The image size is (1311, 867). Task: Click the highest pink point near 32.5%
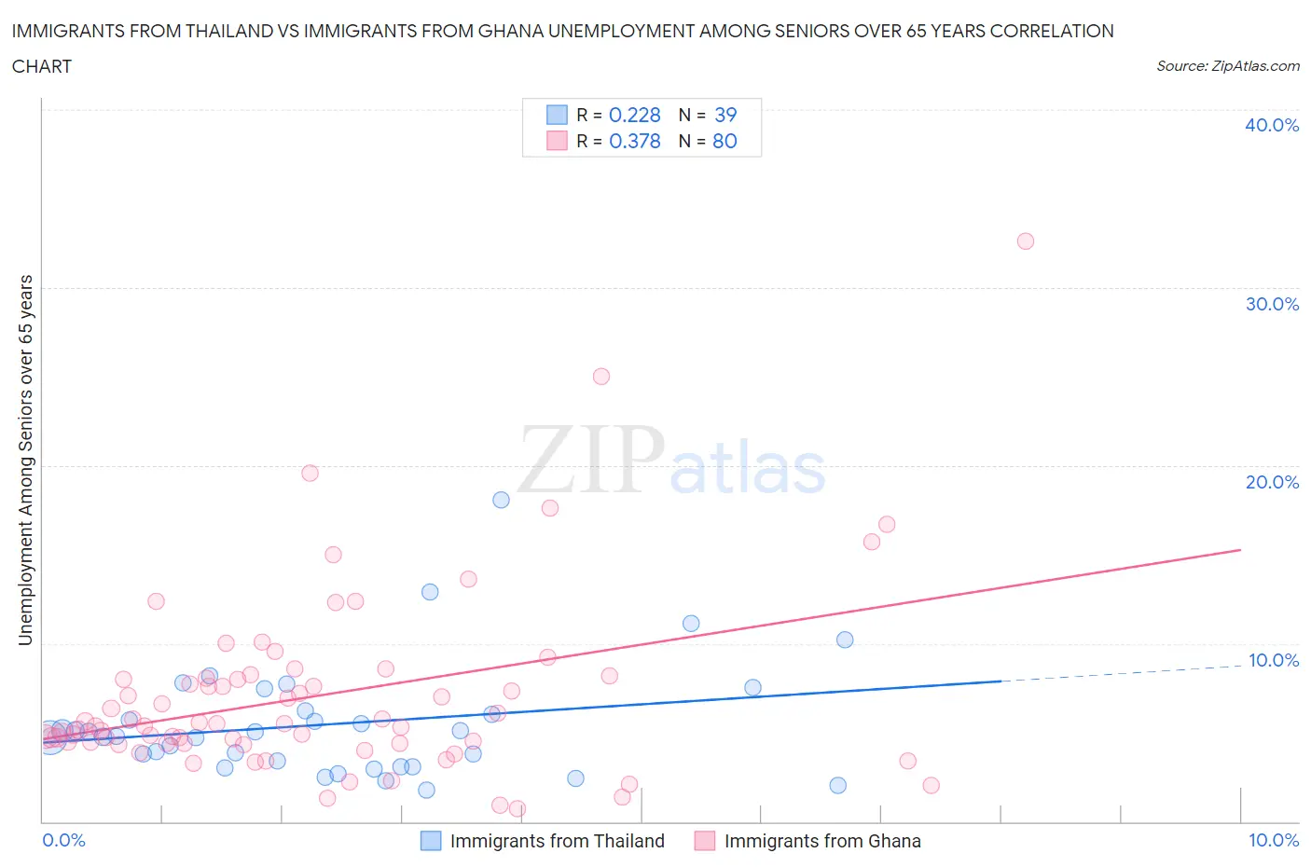[x=1025, y=241]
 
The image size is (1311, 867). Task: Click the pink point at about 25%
[x=601, y=377]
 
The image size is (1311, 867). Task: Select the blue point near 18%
[x=501, y=500]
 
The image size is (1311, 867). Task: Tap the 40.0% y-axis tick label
[x=1272, y=125]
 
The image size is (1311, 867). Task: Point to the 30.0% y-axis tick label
[x=1272, y=304]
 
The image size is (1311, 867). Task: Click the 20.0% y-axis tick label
[x=1272, y=482]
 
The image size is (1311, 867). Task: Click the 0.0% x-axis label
[x=63, y=840]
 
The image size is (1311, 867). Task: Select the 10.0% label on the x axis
[x=1274, y=840]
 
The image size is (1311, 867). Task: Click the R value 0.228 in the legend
[x=634, y=115]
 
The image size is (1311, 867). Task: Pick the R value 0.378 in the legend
[x=634, y=141]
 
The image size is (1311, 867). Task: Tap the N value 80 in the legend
[x=724, y=141]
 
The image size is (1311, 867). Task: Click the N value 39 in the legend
[x=724, y=115]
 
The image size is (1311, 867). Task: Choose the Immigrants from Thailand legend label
[x=557, y=841]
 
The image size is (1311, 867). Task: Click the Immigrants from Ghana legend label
[x=822, y=841]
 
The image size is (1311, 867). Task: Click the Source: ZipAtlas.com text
[x=1227, y=66]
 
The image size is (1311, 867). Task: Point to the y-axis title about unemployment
[x=26, y=461]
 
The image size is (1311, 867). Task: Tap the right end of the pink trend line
[x=1239, y=550]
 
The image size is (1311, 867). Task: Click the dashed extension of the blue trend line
[x=1119, y=673]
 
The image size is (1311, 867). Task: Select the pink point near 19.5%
[x=310, y=473]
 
